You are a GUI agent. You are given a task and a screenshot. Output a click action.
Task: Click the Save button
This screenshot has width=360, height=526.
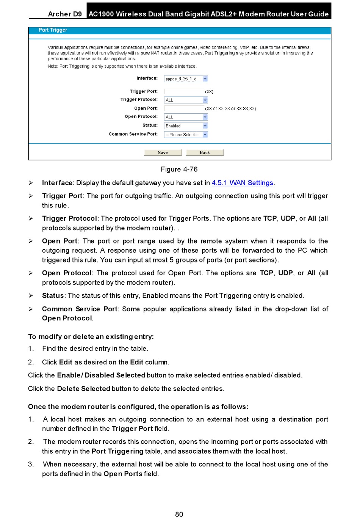pos(163,152)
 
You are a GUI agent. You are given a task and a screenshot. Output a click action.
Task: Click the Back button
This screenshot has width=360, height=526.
pos(205,152)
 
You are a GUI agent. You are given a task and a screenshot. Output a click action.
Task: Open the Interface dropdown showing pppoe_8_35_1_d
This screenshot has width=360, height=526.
pos(186,79)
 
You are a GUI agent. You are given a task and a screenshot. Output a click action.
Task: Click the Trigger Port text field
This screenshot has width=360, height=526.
pos(184,91)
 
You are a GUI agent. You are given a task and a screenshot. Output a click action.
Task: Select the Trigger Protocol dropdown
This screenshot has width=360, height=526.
pos(186,100)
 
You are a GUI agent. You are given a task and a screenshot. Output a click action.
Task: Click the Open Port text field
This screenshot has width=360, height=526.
pos(184,108)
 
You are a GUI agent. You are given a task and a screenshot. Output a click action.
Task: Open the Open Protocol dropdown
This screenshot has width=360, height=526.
pos(186,117)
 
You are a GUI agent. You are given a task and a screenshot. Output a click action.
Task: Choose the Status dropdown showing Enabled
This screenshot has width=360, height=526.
pos(186,126)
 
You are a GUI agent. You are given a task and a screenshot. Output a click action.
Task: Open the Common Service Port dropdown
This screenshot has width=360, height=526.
pos(186,135)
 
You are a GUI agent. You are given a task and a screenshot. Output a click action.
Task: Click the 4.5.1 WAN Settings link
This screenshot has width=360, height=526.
pos(243,183)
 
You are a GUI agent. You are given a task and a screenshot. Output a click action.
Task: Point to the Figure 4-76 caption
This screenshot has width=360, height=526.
pos(179,169)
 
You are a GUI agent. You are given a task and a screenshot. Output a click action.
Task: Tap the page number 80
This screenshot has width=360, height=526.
pos(179,514)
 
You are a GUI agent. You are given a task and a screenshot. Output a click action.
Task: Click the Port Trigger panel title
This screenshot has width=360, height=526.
pos(53,30)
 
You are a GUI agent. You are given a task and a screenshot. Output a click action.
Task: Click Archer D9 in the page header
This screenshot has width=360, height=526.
pos(65,14)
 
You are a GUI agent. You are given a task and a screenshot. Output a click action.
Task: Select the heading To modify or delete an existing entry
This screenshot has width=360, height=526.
pos(91,337)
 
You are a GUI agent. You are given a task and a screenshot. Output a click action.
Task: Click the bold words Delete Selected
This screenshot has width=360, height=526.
pos(84,389)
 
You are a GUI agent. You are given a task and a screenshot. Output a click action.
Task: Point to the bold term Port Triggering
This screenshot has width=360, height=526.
pos(117,451)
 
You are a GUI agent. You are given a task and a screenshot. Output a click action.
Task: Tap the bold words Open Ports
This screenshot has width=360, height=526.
pos(123,474)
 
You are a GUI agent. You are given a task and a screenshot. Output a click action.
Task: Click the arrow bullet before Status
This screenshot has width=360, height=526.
pos(31,296)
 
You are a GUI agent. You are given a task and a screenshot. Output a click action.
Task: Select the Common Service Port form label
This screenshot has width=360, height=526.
pos(133,134)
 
